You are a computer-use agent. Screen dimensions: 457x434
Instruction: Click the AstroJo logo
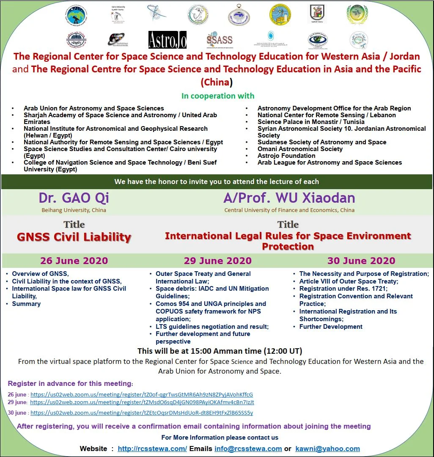[167, 40]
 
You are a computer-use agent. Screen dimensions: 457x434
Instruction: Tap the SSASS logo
[220, 40]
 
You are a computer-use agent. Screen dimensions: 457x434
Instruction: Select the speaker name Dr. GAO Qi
[74, 198]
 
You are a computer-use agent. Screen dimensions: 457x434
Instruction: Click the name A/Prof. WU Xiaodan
[289, 198]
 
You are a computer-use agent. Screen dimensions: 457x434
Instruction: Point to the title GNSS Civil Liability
[74, 237]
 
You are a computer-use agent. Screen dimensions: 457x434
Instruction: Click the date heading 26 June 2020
[74, 261]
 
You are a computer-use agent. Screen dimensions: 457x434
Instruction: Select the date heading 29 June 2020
[217, 261]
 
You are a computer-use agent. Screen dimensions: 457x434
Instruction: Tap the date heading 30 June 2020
[361, 261]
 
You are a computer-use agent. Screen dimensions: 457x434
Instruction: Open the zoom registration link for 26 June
[142, 394]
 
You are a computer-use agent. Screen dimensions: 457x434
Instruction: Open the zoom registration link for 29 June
[142, 402]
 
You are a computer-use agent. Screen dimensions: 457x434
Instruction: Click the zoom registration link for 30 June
[142, 413]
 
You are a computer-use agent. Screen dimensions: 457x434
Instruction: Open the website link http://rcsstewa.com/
[152, 449]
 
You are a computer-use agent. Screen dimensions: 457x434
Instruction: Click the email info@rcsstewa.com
[248, 449]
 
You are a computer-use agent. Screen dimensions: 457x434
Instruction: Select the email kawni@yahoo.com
[327, 449]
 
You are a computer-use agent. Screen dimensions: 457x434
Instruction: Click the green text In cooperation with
[218, 96]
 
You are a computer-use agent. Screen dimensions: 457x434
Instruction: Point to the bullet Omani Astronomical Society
[300, 149]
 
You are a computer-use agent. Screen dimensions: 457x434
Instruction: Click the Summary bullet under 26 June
[26, 304]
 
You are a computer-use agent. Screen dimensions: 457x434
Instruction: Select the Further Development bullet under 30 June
[331, 327]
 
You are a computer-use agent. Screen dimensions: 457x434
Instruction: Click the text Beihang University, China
[74, 210]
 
